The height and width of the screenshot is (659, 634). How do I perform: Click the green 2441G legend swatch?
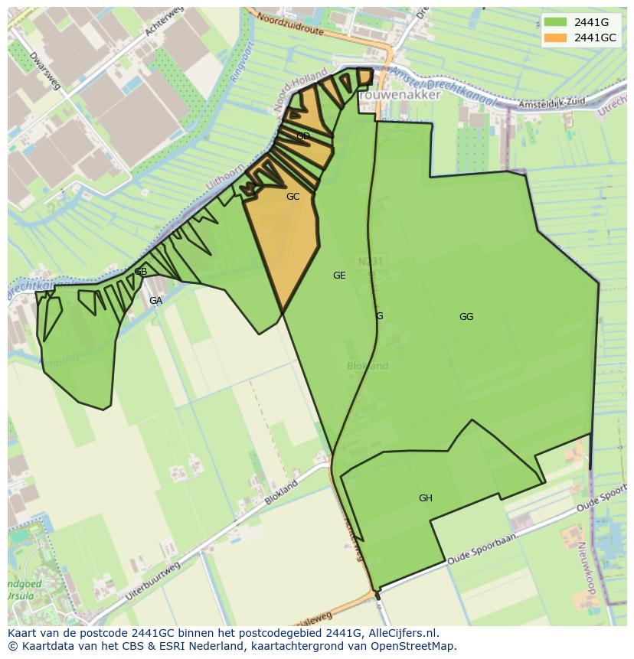pyautogui.click(x=555, y=22)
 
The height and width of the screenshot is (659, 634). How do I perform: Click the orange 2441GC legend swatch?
pyautogui.click(x=555, y=38)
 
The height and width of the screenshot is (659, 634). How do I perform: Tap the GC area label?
pyautogui.click(x=292, y=197)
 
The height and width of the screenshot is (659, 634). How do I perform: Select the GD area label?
pyautogui.click(x=303, y=137)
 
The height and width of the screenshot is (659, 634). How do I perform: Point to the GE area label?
pyautogui.click(x=339, y=276)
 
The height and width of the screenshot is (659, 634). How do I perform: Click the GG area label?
pyautogui.click(x=466, y=317)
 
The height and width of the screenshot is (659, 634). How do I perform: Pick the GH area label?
pyautogui.click(x=426, y=498)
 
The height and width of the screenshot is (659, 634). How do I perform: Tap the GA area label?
pyautogui.click(x=155, y=301)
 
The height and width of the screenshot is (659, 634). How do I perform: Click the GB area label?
pyautogui.click(x=141, y=272)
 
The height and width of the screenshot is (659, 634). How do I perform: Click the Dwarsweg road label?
pyautogui.click(x=44, y=71)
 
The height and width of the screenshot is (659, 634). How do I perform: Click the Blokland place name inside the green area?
pyautogui.click(x=368, y=366)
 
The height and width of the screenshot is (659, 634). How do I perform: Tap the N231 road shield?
pyautogui.click(x=370, y=262)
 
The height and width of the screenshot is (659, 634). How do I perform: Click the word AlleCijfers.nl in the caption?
pyautogui.click(x=399, y=633)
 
